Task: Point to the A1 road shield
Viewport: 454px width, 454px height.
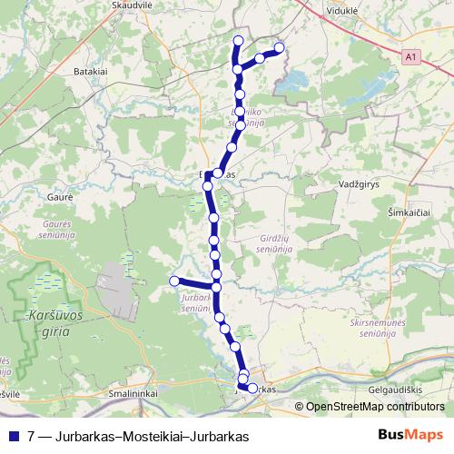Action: coord(413,56)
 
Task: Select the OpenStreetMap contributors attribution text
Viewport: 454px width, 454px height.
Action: coord(375,408)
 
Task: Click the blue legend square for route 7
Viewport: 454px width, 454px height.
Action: coord(13,436)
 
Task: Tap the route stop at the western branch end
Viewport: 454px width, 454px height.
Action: coord(173,281)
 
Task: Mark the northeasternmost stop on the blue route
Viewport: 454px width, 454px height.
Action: coord(279,47)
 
